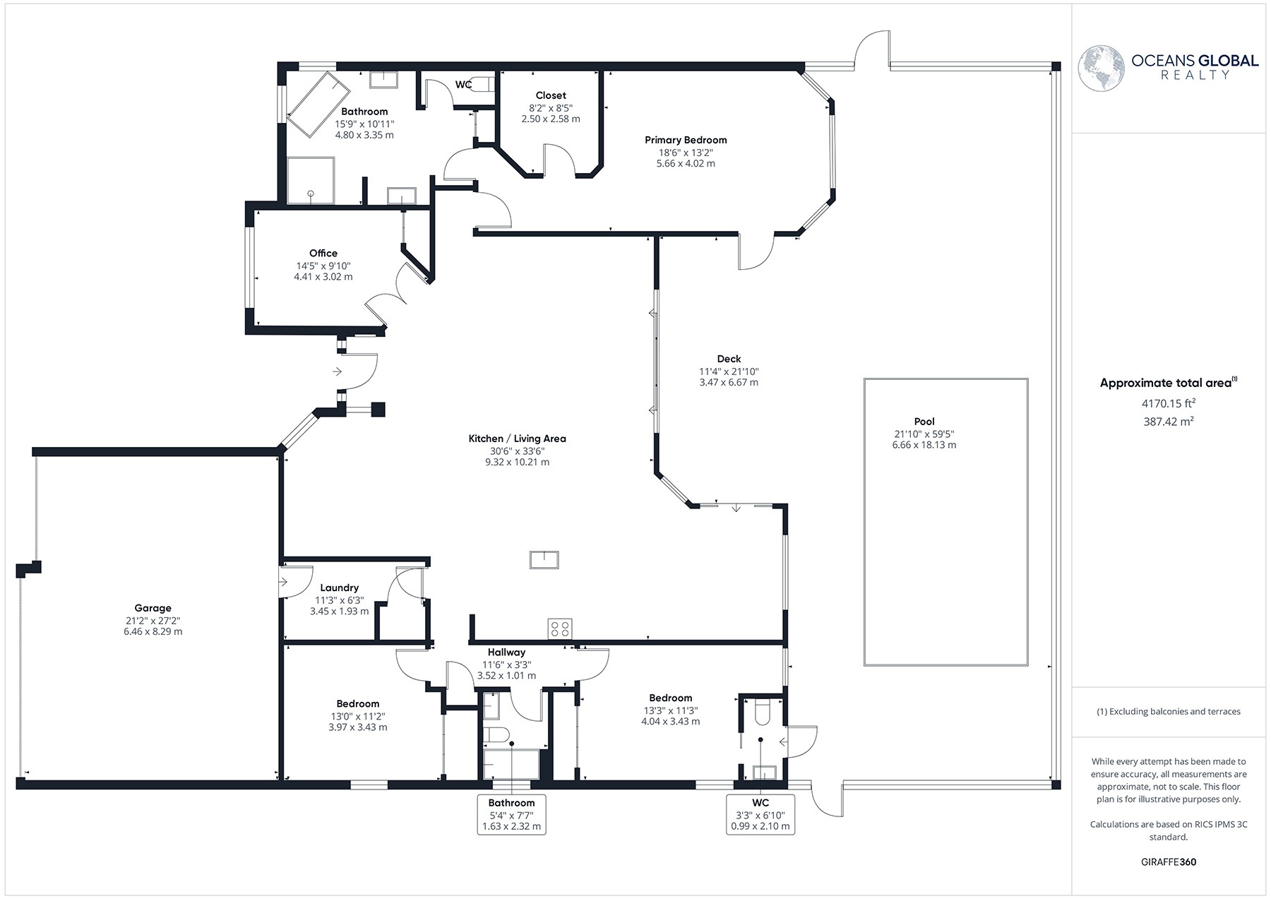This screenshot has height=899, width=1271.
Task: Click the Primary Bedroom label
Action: click(x=686, y=140)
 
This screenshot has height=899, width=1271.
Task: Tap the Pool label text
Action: click(x=924, y=422)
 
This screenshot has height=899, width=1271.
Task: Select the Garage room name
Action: click(x=153, y=608)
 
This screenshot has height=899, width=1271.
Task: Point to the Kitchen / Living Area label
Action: click(x=517, y=439)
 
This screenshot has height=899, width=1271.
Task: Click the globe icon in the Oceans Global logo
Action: click(x=1101, y=68)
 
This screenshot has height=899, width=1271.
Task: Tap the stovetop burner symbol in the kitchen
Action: click(x=560, y=629)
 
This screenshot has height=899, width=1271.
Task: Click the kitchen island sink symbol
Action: click(x=544, y=559)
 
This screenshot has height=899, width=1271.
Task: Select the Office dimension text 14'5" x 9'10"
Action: click(x=323, y=266)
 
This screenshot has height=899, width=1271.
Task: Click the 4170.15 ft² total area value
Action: click(x=1169, y=404)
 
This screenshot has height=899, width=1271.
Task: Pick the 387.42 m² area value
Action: click(x=1169, y=422)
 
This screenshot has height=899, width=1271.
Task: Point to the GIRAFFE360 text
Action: click(x=1169, y=862)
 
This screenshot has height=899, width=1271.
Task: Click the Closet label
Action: click(x=551, y=95)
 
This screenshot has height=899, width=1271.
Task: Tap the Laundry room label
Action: click(x=339, y=588)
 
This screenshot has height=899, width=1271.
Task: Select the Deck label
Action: click(x=729, y=359)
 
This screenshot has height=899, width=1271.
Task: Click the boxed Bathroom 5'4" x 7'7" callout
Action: click(x=512, y=814)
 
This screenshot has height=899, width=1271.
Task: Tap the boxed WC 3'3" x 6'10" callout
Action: click(x=760, y=814)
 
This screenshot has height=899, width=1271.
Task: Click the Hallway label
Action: click(x=506, y=653)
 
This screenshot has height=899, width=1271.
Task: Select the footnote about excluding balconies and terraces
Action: click(x=1169, y=711)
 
